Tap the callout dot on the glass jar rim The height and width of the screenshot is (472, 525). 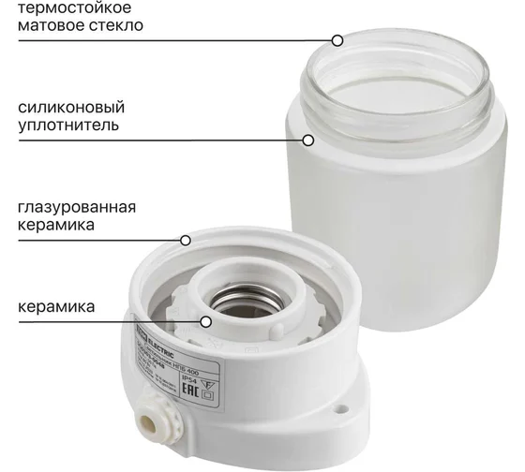point(337,40)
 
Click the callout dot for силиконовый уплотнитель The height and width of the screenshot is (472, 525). point(308,140)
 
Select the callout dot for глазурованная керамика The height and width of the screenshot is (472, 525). point(186,241)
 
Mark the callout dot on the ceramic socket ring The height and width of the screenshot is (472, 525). point(207,320)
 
